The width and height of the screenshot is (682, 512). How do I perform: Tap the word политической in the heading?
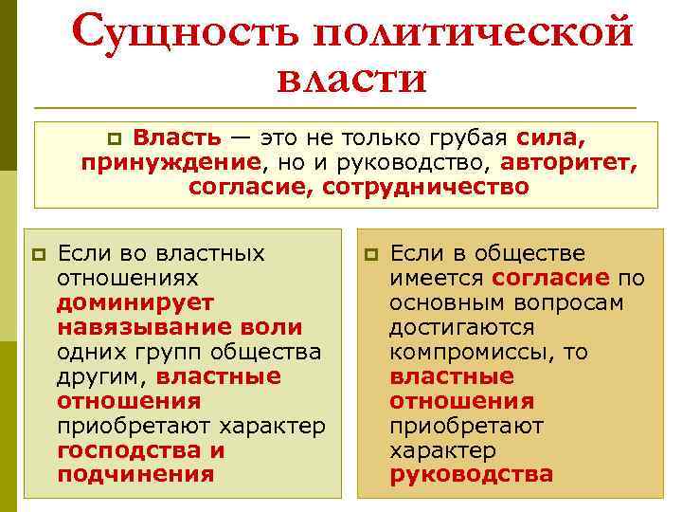point(472,33)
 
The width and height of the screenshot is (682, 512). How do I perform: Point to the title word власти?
point(353,79)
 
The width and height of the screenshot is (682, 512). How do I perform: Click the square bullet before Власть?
point(117,139)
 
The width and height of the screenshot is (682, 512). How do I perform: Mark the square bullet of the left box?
point(39,254)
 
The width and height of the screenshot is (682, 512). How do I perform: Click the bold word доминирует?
point(135,302)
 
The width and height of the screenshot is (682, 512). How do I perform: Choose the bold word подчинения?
point(135,475)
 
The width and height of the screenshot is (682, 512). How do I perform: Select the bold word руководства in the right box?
point(471,475)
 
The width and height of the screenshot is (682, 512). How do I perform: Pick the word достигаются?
point(461,327)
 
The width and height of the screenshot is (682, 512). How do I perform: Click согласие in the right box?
point(550,278)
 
